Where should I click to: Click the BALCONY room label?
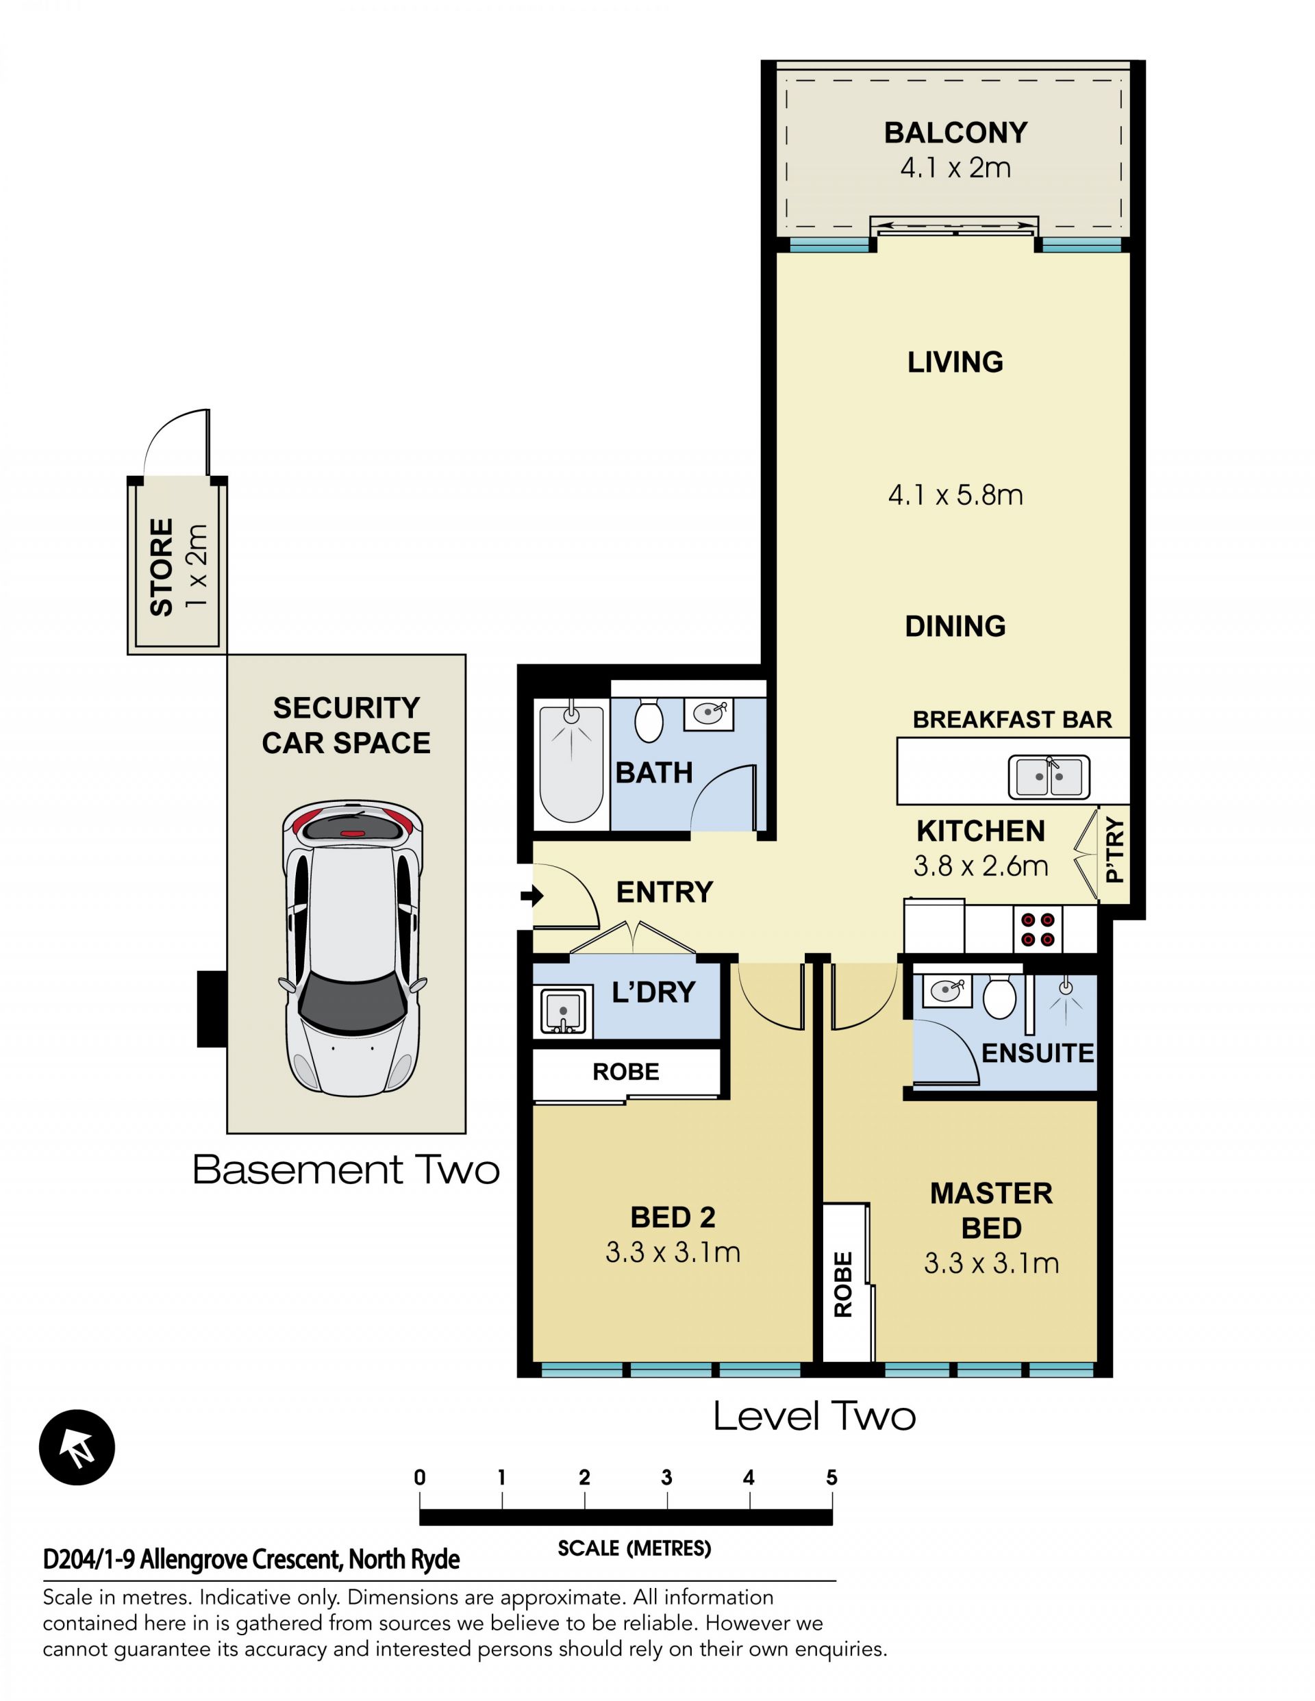click(955, 133)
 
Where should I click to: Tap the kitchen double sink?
click(1049, 777)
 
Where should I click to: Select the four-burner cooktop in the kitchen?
click(1038, 930)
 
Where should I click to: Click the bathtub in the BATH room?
click(571, 764)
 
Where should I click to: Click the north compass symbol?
click(77, 1448)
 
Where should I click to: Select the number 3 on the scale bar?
click(666, 1478)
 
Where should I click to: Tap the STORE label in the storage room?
click(161, 567)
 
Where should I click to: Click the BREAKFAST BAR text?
click(1012, 720)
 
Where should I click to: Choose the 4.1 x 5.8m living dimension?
click(955, 495)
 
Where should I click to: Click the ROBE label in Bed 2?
click(625, 1072)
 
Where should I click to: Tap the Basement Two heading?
click(346, 1170)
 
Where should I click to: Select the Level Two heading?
click(814, 1416)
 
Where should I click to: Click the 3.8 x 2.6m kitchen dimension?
click(980, 866)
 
